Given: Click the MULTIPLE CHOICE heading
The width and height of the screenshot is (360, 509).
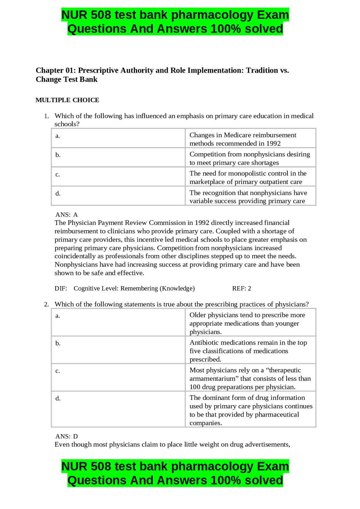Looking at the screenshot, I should point(67,100).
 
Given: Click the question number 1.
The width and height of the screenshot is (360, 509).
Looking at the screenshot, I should point(46,116).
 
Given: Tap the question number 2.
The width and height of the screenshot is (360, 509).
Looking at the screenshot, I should point(46,304).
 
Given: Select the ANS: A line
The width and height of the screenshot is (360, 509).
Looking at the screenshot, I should point(67,215).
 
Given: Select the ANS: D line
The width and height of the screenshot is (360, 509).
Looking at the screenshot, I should point(67,436).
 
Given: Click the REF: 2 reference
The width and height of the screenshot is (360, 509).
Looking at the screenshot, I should point(241,288).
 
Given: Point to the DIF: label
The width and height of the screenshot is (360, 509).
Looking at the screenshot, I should point(61,288).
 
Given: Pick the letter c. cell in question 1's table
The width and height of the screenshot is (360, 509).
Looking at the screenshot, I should point(58,175).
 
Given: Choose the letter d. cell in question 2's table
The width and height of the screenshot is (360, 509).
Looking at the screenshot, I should point(58,399).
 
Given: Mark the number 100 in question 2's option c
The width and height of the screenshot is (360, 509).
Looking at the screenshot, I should point(195,387).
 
